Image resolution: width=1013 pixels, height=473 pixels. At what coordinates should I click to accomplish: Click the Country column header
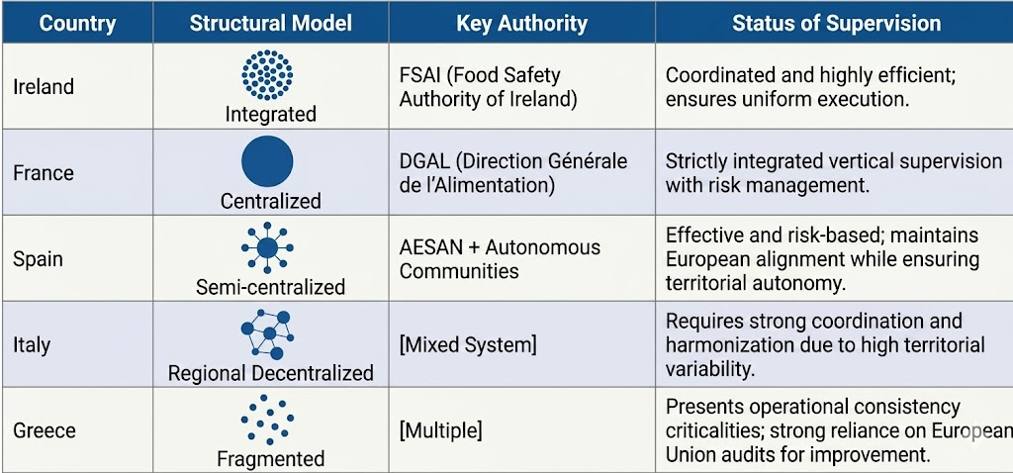coord(77,24)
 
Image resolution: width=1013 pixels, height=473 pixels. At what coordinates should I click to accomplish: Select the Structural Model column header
coord(271,24)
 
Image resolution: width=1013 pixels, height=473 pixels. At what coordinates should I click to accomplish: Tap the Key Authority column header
coord(522,24)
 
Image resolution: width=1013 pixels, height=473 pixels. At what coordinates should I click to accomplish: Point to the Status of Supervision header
coord(837,24)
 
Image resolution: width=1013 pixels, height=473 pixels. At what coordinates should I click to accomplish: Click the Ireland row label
coord(44,87)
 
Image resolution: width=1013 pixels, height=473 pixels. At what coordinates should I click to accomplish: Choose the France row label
coord(44,172)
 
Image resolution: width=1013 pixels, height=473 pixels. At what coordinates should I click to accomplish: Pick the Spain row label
coord(39,258)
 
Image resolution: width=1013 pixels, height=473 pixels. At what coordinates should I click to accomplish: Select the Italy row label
coord(32,345)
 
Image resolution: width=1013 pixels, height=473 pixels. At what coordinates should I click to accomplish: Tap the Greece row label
coord(45,430)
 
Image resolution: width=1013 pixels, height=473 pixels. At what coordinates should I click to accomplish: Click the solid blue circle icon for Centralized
coord(267,161)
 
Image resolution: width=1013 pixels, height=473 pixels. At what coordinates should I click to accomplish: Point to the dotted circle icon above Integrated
coord(267,75)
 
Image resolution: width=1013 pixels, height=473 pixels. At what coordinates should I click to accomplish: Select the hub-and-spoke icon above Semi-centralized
coord(267,247)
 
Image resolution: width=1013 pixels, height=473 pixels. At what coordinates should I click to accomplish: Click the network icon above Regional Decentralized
coord(267,334)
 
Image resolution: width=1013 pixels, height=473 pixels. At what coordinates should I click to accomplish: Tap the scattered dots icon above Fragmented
coord(267,420)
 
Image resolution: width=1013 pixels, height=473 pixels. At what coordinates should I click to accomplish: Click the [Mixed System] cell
coord(468,345)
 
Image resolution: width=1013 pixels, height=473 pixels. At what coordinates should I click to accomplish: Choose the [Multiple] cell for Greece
coord(440,430)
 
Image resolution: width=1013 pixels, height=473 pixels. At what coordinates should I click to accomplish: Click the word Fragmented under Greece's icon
coord(271,459)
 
